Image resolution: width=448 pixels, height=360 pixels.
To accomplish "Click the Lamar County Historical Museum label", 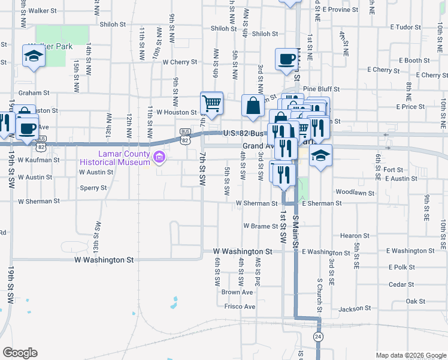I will pos(116,158).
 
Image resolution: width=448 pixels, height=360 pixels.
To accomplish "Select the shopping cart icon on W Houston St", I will pos(211,103).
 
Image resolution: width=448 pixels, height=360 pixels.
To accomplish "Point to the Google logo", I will pos(20,353).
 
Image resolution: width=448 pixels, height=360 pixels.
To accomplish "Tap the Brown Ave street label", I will pos(237,292).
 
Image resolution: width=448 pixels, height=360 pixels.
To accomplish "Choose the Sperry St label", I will pos(93,188).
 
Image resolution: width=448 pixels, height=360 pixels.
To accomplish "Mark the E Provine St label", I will pos(340,10).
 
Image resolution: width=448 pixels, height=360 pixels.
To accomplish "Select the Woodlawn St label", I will pos(355,193).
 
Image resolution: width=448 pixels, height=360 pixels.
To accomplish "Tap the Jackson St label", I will pos(355,309).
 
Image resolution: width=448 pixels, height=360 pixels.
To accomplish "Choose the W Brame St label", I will pos(261,226).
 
